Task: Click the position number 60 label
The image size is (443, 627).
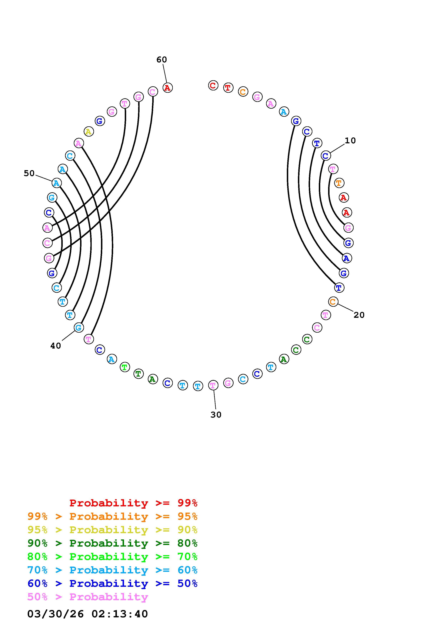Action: coord(162,60)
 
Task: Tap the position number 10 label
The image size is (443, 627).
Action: coord(350,141)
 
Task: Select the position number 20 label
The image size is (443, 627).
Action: coord(359,315)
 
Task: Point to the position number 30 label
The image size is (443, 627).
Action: coord(216,415)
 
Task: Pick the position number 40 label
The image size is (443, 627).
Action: coord(56,346)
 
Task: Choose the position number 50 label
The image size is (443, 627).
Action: coord(29,173)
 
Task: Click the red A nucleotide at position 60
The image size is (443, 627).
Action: coord(168,88)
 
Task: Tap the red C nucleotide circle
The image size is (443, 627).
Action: coord(213,85)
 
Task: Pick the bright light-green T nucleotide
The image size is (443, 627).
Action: coord(125,367)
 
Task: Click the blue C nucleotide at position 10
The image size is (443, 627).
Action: coord(326,156)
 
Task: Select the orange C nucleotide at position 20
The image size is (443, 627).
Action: coord(333,302)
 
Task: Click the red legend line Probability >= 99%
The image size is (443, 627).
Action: coord(133,503)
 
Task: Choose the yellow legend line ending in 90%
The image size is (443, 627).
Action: coord(112,530)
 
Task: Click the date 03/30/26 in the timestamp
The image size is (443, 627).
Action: coord(55,614)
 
